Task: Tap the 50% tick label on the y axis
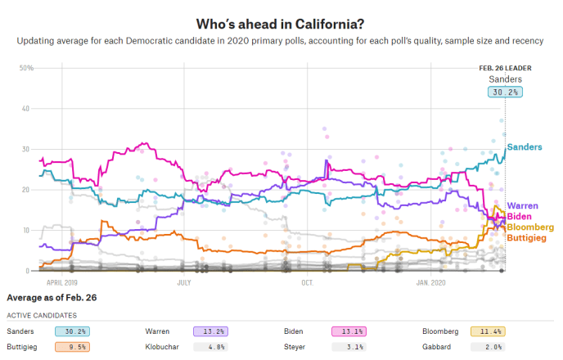(25, 68)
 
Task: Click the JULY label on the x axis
(183, 281)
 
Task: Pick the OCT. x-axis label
(307, 281)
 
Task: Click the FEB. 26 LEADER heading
(504, 68)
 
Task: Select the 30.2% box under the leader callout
(505, 92)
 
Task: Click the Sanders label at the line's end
(525, 147)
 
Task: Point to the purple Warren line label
(523, 206)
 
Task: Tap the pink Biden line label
(520, 216)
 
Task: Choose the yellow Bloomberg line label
(531, 227)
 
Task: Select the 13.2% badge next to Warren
(209, 331)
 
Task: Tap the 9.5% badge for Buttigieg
(70, 346)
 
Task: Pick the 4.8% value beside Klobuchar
(209, 346)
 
